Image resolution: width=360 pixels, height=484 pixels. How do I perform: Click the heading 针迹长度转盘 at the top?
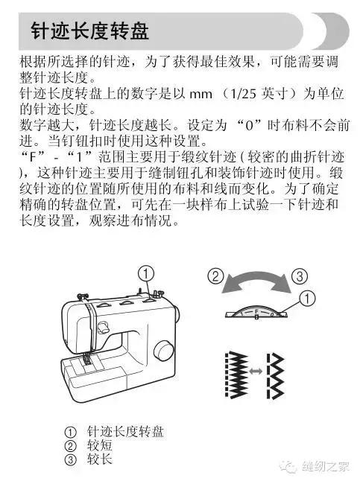pos(89,32)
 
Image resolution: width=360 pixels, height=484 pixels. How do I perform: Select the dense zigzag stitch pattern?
pos(235,370)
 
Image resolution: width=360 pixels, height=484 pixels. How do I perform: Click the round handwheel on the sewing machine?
pos(162,351)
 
